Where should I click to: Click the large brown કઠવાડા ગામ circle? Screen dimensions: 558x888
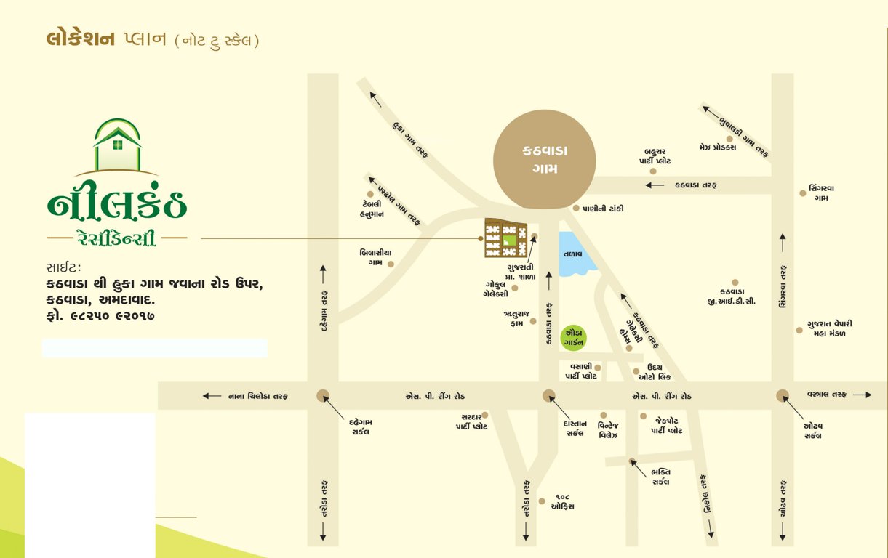point(544,160)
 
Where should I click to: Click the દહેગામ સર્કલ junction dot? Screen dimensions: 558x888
point(323,395)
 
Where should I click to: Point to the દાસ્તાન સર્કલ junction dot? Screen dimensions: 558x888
point(548,395)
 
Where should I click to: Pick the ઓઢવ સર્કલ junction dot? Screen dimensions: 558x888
point(783,395)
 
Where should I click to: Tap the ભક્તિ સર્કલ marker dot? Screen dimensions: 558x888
point(633,461)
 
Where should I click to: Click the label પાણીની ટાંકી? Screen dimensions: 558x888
point(603,209)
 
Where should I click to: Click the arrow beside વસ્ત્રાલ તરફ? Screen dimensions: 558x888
point(862,395)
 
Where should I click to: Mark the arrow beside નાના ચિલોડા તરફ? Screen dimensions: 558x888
point(212,396)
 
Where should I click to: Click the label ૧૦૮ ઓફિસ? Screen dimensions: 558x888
point(563,501)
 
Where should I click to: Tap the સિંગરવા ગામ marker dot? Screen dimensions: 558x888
point(803,193)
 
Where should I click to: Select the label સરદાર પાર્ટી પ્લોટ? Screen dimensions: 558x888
point(466,422)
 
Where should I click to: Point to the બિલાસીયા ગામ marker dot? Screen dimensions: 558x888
point(391,264)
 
